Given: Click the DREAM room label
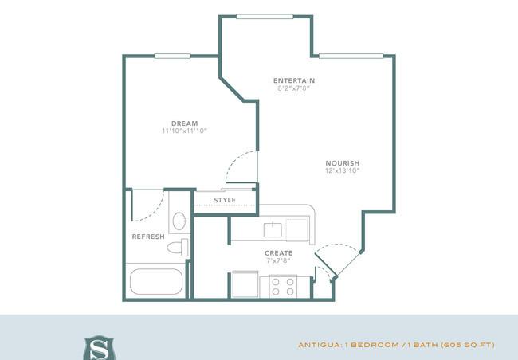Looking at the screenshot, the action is (x=184, y=123).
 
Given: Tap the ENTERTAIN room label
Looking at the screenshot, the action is (x=294, y=80).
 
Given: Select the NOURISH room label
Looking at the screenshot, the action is (x=342, y=163).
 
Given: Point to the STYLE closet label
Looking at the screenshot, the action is (x=225, y=200).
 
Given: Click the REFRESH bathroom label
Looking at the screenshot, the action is (x=148, y=237).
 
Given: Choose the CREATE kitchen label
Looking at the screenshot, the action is (x=278, y=253).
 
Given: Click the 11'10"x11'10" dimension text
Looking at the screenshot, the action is (x=184, y=131).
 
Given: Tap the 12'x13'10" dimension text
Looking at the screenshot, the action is (x=342, y=170).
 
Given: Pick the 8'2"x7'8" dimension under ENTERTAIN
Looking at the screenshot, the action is (x=294, y=88).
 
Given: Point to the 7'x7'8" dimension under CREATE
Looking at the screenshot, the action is (x=278, y=260).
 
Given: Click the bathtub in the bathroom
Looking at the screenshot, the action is (x=156, y=281).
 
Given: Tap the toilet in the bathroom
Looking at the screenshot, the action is (x=178, y=248).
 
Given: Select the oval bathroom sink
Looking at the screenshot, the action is (x=179, y=221).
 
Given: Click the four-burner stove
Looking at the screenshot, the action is (x=283, y=287).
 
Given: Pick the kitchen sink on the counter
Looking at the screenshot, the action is (x=273, y=230).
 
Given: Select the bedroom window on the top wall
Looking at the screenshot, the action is (x=172, y=56).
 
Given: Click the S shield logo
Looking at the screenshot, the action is (x=99, y=348).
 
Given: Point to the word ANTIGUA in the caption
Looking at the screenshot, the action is (x=319, y=345).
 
